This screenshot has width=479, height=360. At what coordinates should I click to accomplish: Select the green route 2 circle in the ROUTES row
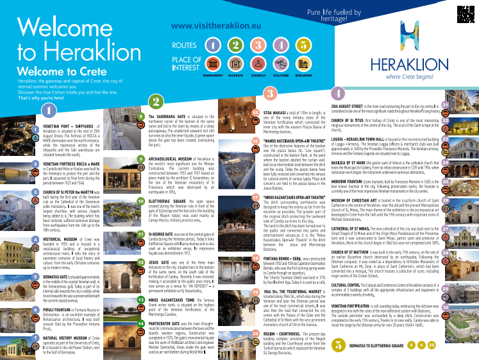pos(235,45)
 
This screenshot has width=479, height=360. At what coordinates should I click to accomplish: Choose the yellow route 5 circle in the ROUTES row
pos(302,45)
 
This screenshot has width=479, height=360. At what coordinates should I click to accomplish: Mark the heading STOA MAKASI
pos(269,112)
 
